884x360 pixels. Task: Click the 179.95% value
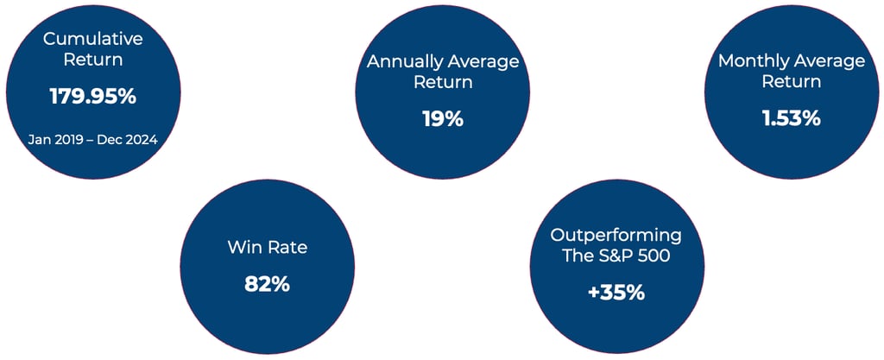[93, 97]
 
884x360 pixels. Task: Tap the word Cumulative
[93, 39]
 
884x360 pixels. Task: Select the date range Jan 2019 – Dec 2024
[93, 139]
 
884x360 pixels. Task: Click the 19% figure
[443, 119]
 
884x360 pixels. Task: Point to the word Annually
[401, 61]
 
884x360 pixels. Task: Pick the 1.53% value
[792, 119]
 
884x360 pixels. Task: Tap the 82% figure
[268, 284]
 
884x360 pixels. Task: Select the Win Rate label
[268, 247]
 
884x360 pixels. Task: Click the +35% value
[616, 293]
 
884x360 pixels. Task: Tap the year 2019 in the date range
[62, 139]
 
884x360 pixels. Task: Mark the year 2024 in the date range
[144, 139]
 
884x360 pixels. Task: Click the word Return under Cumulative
[93, 60]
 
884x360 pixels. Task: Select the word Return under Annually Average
[443, 82]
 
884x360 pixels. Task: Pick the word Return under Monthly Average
[792, 82]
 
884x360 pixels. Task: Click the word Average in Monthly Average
[829, 61]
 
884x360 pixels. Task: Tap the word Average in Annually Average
[480, 61]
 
